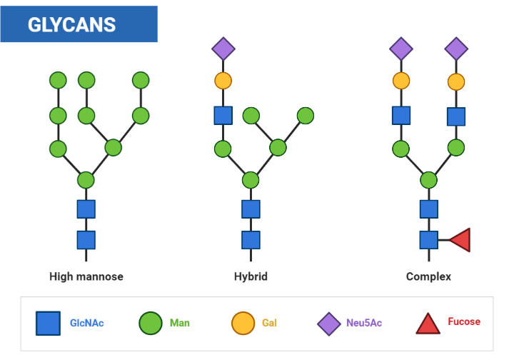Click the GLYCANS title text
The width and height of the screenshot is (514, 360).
71,24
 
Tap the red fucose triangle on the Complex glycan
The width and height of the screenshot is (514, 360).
459,240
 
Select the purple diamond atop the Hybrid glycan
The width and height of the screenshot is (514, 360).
223,49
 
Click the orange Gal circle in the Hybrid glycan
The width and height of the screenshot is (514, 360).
223,81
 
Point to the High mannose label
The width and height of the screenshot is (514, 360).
86,276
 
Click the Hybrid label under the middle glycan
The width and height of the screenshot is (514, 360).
251,276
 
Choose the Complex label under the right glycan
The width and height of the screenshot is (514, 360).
428,276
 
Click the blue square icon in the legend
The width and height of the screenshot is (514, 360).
49,323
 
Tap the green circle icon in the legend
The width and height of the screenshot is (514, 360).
150,323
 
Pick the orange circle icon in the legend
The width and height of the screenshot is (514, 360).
243,323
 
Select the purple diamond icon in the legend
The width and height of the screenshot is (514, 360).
329,323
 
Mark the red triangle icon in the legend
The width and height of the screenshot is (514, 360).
428,324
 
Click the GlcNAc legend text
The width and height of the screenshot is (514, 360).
87,323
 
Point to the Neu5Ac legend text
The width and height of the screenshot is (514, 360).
364,323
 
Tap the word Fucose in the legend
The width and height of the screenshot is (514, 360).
464,321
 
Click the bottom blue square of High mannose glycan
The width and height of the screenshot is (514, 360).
86,240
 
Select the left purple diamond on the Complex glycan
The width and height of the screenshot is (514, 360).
401,49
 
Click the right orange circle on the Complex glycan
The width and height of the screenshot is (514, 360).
456,81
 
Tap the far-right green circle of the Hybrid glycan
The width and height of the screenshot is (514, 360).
305,115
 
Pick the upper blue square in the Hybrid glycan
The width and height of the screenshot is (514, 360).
223,115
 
